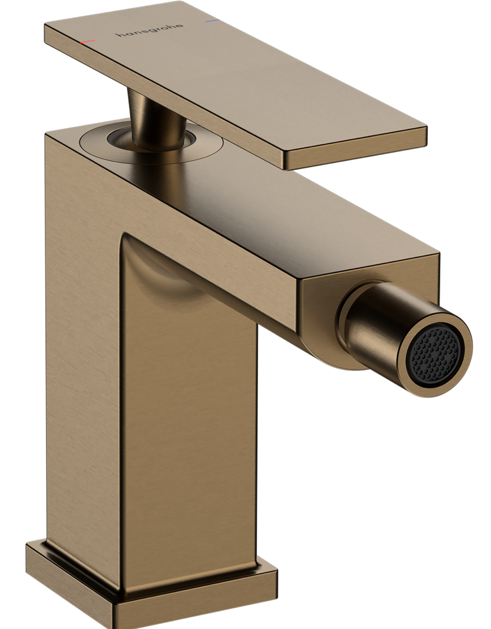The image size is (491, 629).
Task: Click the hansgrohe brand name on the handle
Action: (x=150, y=30)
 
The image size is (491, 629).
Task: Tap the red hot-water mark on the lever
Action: (x=87, y=41)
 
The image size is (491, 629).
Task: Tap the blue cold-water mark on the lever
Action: (x=212, y=20)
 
